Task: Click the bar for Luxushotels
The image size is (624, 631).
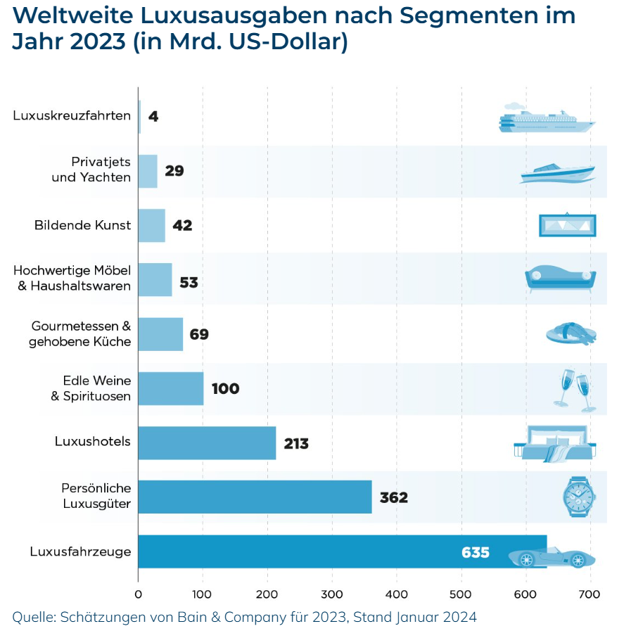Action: (x=207, y=442)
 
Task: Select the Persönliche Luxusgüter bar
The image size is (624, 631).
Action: (x=255, y=497)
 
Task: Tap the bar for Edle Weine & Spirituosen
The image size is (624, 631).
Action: (x=171, y=389)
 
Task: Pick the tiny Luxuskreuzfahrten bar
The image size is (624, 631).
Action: (x=139, y=116)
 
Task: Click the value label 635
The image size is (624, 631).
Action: (x=475, y=552)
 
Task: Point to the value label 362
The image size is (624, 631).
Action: (x=393, y=498)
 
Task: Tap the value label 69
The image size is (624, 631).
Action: (x=198, y=334)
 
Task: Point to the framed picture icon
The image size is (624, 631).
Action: (x=567, y=225)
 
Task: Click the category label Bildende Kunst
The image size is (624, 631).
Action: (x=82, y=226)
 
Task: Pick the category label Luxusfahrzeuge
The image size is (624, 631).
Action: (x=80, y=552)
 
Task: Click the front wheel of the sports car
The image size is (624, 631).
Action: (x=578, y=561)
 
